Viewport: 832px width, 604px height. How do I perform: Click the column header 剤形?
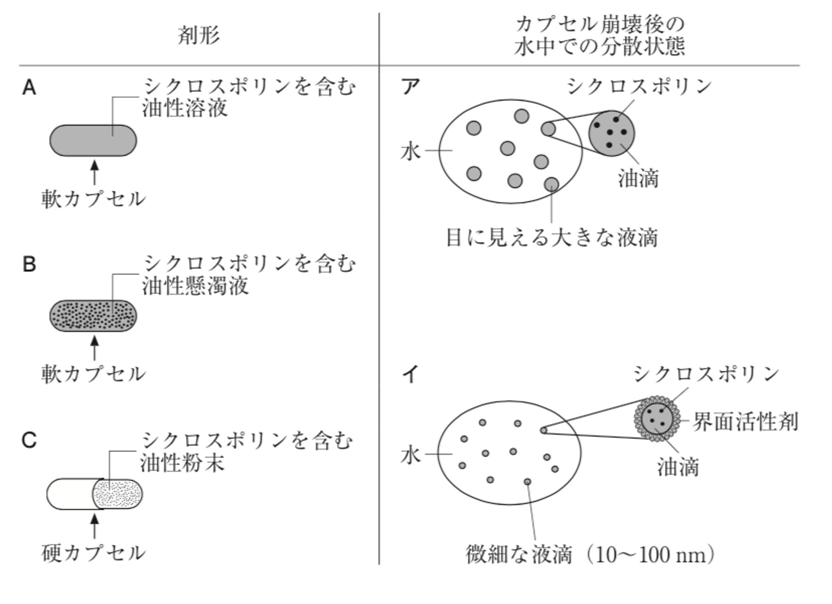tap(199, 35)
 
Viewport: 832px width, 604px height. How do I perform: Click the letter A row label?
tap(29, 88)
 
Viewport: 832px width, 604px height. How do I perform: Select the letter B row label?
tap(29, 264)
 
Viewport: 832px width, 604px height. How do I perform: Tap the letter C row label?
tap(29, 440)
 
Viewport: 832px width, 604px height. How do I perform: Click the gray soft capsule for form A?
tap(93, 140)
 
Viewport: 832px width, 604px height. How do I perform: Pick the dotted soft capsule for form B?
tap(93, 315)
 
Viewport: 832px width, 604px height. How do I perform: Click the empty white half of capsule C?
tap(70, 494)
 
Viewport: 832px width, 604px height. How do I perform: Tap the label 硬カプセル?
tap(93, 553)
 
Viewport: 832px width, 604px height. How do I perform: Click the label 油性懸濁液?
tap(195, 286)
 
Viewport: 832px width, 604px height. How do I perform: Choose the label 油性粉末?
tap(183, 463)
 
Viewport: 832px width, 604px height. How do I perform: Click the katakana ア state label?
tap(411, 87)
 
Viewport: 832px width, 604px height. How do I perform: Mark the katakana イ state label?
tap(410, 374)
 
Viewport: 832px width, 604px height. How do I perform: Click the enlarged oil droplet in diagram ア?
tap(612, 133)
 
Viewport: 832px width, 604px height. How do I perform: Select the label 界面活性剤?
tap(745, 421)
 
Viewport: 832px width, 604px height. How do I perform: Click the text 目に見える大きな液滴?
tap(552, 237)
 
